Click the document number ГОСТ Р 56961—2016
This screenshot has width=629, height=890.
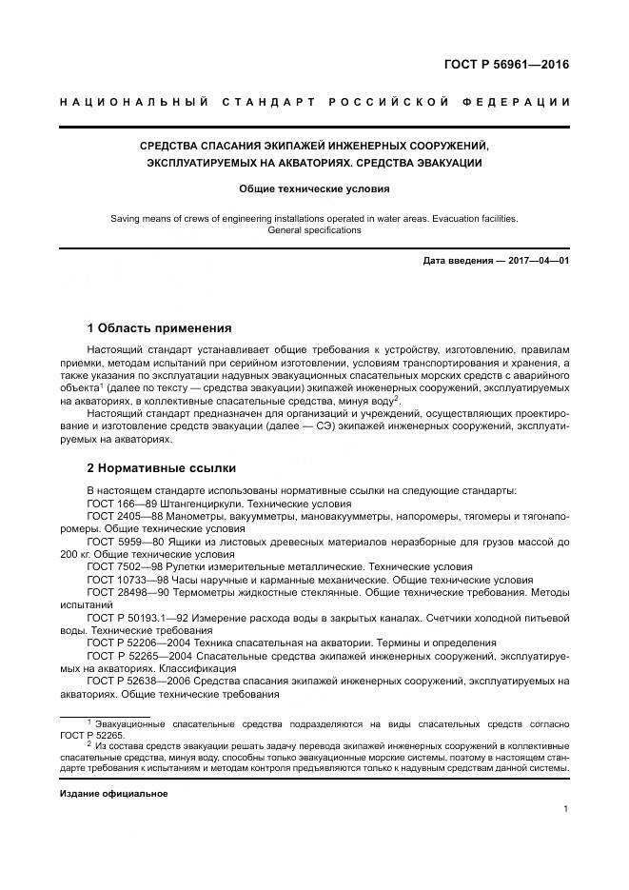tap(513, 66)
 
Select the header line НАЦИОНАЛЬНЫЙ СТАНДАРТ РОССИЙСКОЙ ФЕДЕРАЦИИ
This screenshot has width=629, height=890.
tap(314, 102)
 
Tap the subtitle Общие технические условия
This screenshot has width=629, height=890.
tap(314, 189)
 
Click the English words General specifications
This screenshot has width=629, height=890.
tap(314, 230)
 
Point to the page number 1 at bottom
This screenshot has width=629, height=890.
tap(566, 809)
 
